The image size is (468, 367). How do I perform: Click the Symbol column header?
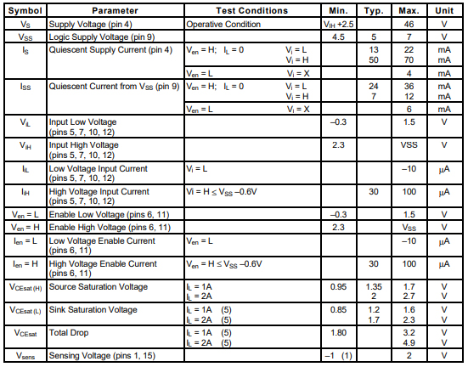click(x=25, y=11)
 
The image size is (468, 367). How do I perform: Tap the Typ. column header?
click(x=373, y=11)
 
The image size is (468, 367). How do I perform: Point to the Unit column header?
click(x=443, y=11)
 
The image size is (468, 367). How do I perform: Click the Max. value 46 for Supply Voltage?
click(x=409, y=25)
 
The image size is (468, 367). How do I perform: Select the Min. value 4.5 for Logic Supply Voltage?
click(x=338, y=37)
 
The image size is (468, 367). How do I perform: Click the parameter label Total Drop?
click(x=74, y=332)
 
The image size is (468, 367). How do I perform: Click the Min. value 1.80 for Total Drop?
click(x=338, y=332)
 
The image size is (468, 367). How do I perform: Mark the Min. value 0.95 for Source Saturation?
click(x=338, y=286)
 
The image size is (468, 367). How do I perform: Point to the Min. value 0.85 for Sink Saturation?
click(x=338, y=309)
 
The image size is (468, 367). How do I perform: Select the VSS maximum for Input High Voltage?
click(x=409, y=145)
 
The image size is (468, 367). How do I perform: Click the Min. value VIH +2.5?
click(x=338, y=25)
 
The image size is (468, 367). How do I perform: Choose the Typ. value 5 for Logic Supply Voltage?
click(x=373, y=37)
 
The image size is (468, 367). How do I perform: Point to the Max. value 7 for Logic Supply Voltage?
click(x=409, y=37)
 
